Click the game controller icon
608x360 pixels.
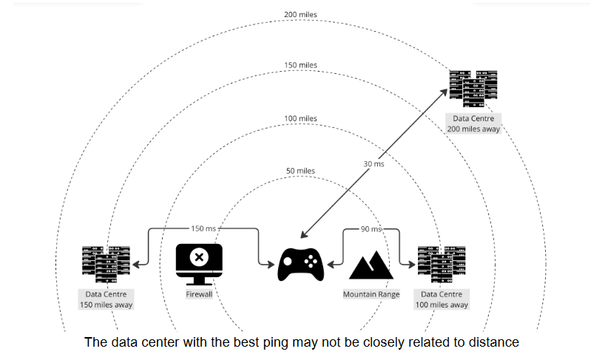pyautogui.click(x=300, y=265)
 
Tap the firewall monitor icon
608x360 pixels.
pyautogui.click(x=198, y=263)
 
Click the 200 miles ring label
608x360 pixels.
pyautogui.click(x=300, y=14)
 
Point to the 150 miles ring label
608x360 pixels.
pyautogui.click(x=300, y=66)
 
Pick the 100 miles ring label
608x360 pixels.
pyautogui.click(x=300, y=118)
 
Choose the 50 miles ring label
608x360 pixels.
pyautogui.click(x=300, y=171)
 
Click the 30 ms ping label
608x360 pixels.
pyautogui.click(x=374, y=163)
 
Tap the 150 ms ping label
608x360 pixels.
pyautogui.click(x=201, y=229)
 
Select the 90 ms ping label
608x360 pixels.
pyautogui.click(x=371, y=229)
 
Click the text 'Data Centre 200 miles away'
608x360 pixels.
pyautogui.click(x=474, y=123)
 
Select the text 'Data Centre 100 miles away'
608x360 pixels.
pyautogui.click(x=442, y=299)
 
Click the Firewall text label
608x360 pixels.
pyautogui.click(x=199, y=294)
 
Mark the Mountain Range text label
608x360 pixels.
pyautogui.click(x=371, y=294)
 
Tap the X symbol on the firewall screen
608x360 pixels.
pyautogui.click(x=198, y=257)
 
